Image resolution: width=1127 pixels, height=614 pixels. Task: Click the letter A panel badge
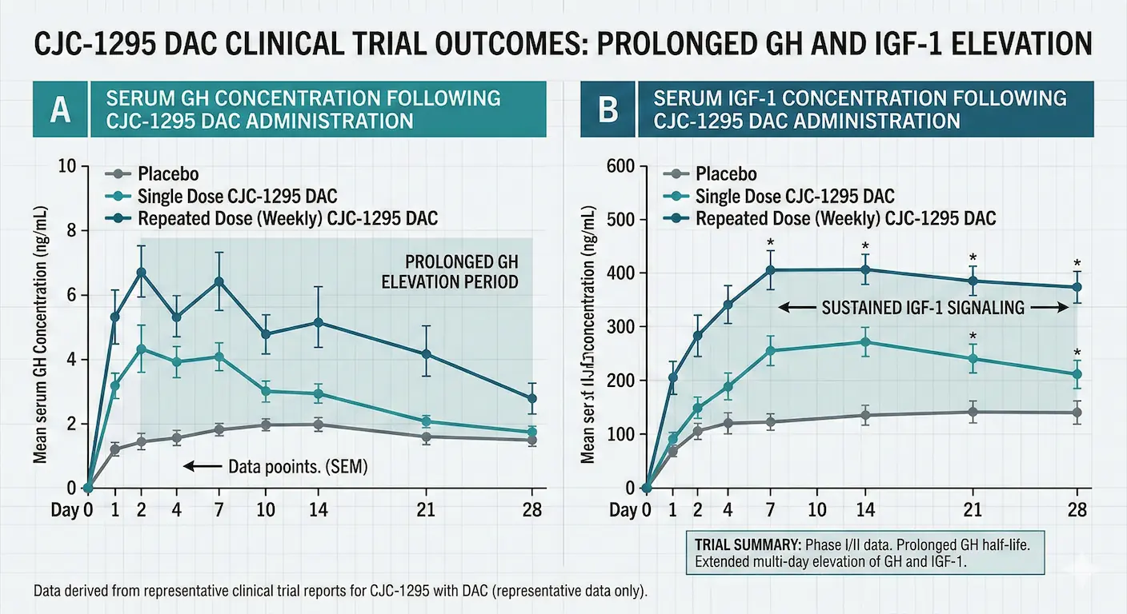[60, 110]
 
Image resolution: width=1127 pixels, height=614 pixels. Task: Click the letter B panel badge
[608, 110]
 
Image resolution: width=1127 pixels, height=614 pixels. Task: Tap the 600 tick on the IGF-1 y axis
[621, 166]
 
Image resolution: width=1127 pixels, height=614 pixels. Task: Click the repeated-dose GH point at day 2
[142, 273]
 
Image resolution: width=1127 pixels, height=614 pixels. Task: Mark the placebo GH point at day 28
[532, 440]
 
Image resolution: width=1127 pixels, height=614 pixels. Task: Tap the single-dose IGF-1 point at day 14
[865, 342]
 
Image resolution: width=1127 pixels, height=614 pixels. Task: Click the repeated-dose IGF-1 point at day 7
[771, 270]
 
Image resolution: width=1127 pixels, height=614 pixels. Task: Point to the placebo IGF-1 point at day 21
[973, 413]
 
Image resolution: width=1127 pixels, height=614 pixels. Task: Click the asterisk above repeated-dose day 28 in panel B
[1077, 263]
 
